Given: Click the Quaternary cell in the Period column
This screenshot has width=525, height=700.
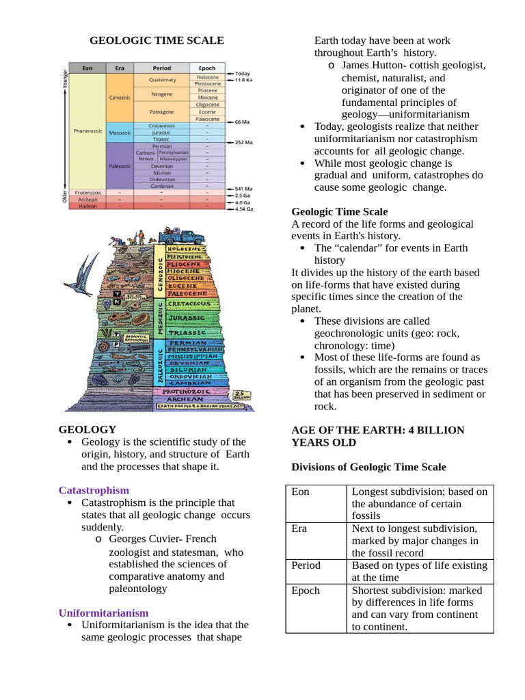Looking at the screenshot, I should tap(162, 80).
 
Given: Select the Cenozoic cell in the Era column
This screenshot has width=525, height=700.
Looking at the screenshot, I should tap(119, 97).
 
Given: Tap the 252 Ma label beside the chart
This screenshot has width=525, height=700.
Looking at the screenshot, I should tap(243, 142).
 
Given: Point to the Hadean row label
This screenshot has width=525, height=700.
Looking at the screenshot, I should tap(87, 206).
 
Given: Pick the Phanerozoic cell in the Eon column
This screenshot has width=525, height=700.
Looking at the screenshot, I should tap(87, 130).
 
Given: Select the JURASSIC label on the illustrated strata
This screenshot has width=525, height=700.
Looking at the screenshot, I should tap(186, 318).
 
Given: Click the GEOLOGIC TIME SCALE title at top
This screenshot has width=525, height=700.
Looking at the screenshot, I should tap(157, 41).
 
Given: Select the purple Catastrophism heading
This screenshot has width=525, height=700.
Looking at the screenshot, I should tap(94, 490).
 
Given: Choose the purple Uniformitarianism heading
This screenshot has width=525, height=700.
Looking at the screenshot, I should tap(103, 612).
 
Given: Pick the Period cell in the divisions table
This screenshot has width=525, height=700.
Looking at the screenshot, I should tap(306, 565).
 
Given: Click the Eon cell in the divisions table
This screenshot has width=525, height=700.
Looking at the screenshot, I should tap(300, 492).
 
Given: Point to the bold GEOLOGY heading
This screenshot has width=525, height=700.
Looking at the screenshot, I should tap(87, 429).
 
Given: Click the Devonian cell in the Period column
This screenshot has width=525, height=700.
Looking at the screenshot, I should tap(162, 166).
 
